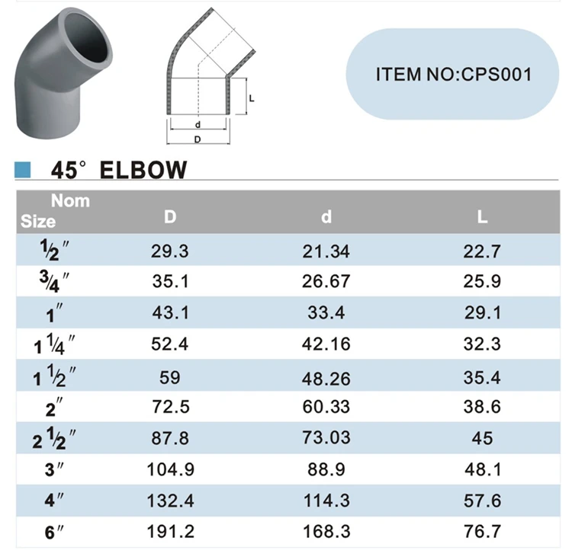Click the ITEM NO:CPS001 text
453,74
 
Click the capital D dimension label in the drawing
198,139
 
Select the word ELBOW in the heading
143,169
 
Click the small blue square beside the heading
23,169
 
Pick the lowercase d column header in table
326,217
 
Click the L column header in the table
482,217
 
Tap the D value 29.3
170,251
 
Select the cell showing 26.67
326,281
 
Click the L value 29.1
482,312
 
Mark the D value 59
170,375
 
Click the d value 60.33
326,406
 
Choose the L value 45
482,437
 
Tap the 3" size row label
52,469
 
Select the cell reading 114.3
326,500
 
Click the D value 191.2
170,531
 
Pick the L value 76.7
482,531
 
